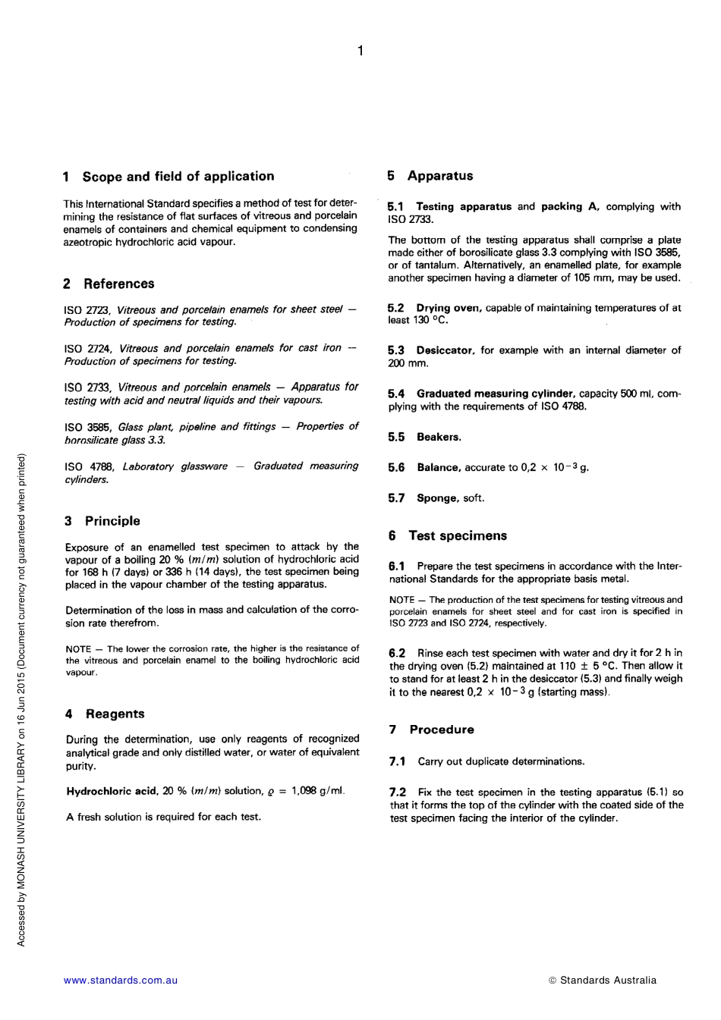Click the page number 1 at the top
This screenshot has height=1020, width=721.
pyautogui.click(x=360, y=51)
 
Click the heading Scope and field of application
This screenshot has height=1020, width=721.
pyautogui.click(x=178, y=177)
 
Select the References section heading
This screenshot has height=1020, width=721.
pyautogui.click(x=118, y=284)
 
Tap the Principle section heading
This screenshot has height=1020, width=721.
pyautogui.click(x=112, y=521)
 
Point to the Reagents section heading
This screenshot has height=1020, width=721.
pyautogui.click(x=115, y=714)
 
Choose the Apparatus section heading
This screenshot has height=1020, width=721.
pyautogui.click(x=439, y=176)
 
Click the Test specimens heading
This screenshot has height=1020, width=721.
pyautogui.click(x=457, y=535)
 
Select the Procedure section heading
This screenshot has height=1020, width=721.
pyautogui.click(x=441, y=730)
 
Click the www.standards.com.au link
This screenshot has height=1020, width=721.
pyautogui.click(x=121, y=980)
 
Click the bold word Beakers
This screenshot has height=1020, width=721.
pyautogui.click(x=439, y=437)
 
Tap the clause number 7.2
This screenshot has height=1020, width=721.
pyautogui.click(x=398, y=792)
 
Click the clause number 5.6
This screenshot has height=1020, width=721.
pyautogui.click(x=396, y=468)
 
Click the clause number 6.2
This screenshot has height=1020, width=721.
pyautogui.click(x=397, y=653)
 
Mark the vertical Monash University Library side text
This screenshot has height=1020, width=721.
pyautogui.click(x=22, y=698)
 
